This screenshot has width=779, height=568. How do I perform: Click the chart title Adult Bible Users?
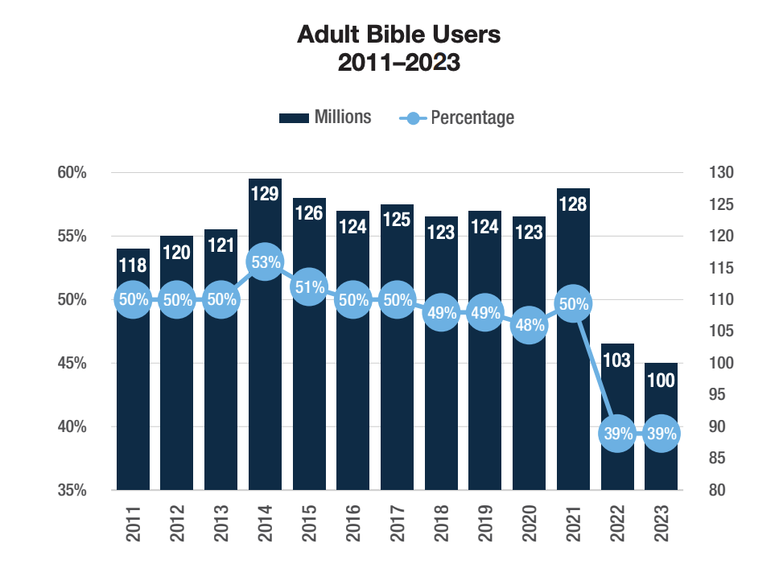399,35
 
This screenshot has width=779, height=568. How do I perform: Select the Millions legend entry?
325,117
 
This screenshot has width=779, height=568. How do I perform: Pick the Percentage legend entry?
457,117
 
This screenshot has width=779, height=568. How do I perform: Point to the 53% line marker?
265,262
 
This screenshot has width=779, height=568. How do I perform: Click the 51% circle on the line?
309,287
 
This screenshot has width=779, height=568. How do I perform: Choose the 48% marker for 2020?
529,326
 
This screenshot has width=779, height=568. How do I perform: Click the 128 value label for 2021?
572,204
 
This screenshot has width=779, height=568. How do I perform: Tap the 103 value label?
616,360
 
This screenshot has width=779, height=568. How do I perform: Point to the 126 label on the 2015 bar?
309,213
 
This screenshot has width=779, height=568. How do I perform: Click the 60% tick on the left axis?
72,173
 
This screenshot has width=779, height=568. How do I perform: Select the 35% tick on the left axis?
72,490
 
